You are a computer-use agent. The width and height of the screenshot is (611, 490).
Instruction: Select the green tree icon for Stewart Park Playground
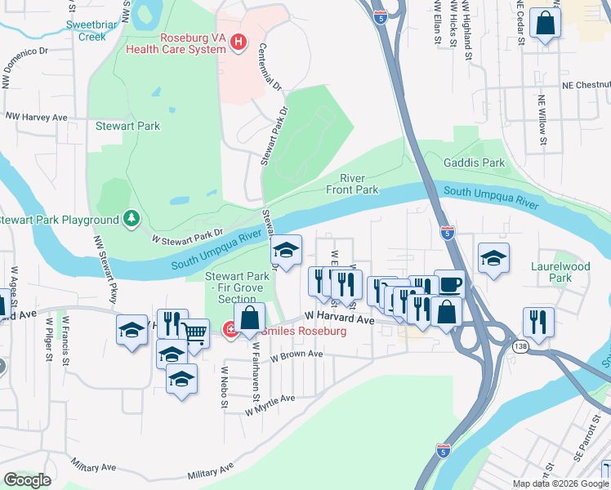(131, 219)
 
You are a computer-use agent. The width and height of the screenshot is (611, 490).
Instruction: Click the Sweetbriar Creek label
(97, 30)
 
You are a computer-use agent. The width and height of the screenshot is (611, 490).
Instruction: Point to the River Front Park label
(352, 184)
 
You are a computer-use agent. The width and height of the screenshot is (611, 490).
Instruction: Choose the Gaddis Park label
(474, 163)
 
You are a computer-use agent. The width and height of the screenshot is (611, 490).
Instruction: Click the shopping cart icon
(194, 332)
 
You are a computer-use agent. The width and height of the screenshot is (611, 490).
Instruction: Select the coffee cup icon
(449, 283)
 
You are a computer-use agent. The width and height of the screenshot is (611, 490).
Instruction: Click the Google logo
(27, 480)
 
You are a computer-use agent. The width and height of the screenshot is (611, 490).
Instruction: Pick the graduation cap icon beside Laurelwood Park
(493, 257)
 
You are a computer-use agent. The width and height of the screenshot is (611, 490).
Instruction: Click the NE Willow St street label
(542, 122)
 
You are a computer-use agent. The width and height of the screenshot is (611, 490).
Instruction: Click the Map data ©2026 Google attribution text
(560, 483)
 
